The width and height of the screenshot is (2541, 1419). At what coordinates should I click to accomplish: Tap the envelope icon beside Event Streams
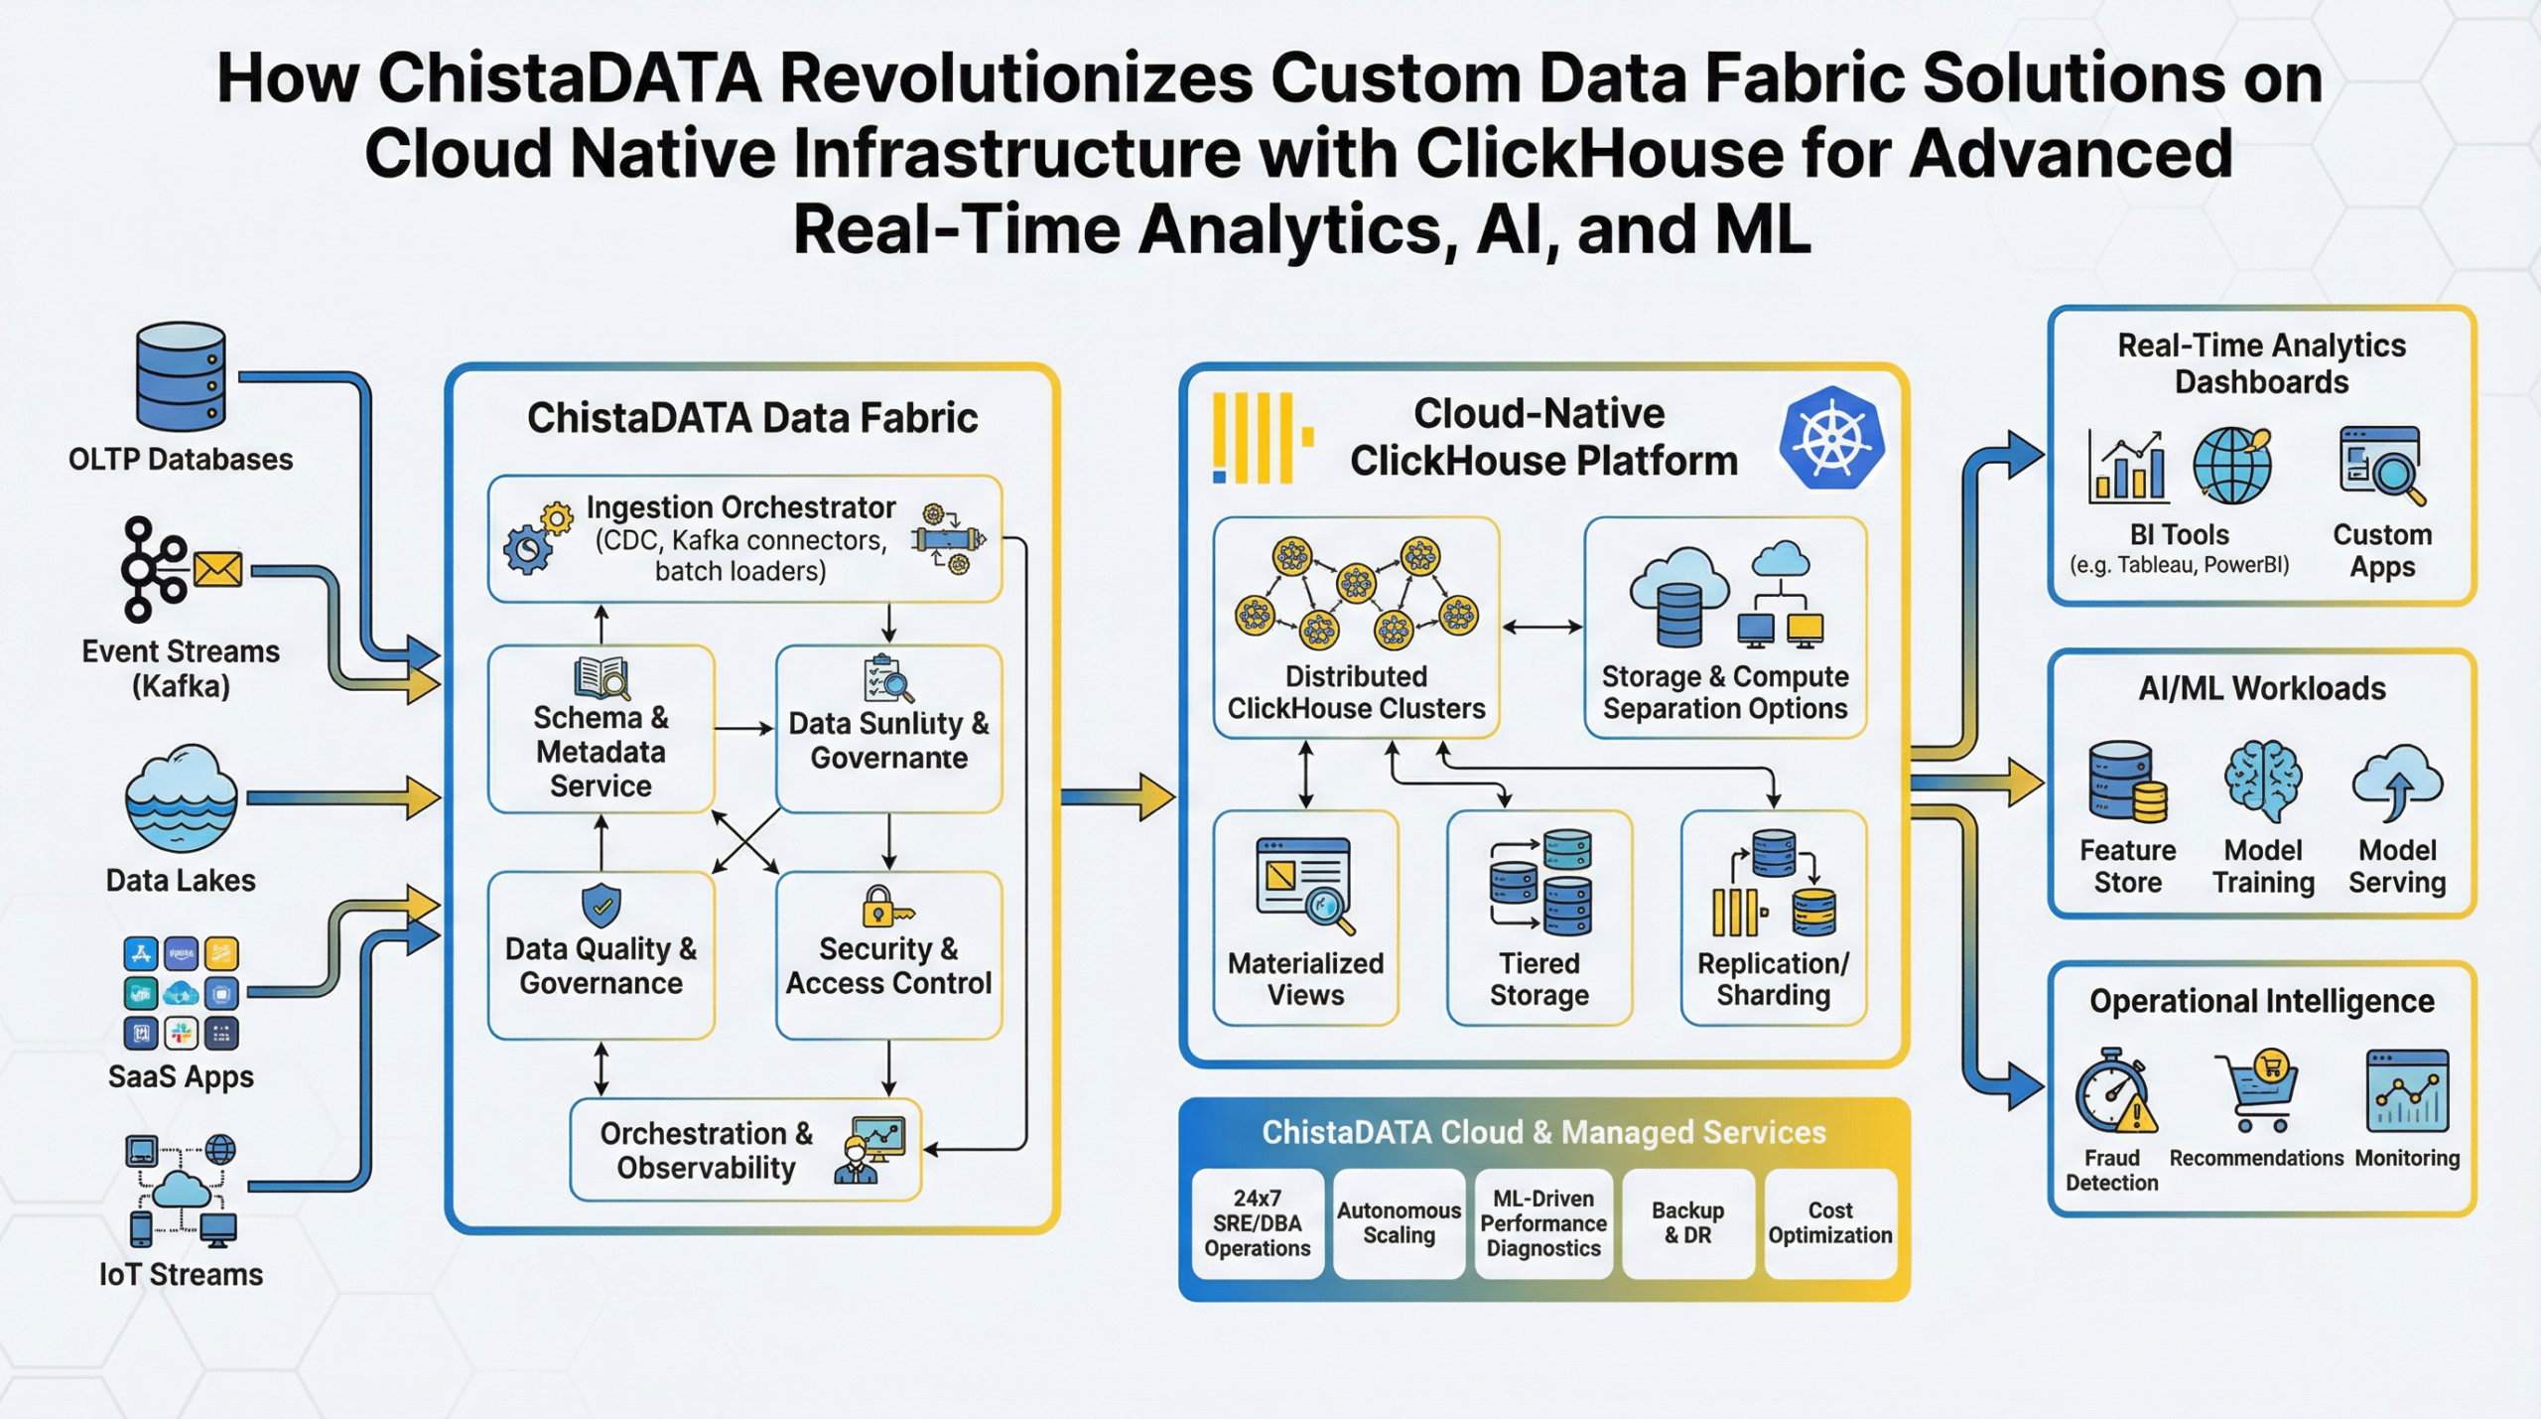(x=217, y=570)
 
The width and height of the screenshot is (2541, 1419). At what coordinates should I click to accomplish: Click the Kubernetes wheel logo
(x=1831, y=438)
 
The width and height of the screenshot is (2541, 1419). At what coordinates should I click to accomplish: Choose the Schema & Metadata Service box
(x=601, y=730)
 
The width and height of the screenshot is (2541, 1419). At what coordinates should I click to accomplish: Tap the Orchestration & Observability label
(x=706, y=1150)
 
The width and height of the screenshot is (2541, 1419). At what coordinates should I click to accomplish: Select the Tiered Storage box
(x=1538, y=918)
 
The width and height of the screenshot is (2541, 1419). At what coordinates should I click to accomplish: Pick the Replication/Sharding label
(x=1773, y=979)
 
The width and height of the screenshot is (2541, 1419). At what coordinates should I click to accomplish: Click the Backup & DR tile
(x=1687, y=1222)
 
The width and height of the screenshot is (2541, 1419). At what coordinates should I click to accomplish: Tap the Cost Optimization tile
(x=1829, y=1222)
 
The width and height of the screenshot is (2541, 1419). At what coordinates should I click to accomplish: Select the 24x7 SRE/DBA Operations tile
(x=1257, y=1222)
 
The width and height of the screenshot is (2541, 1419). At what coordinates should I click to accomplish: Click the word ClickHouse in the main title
(x=1598, y=155)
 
